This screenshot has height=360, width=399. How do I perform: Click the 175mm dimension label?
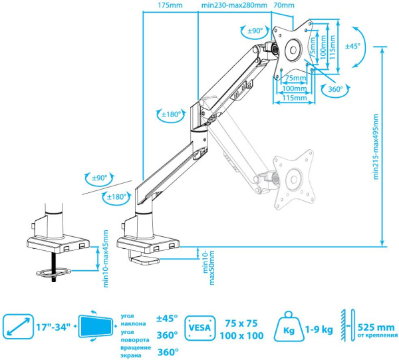tap(171, 6)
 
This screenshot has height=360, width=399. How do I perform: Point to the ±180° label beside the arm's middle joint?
tap(172, 114)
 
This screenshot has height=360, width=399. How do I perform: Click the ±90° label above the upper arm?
tap(255, 31)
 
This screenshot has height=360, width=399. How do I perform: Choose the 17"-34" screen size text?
tap(55, 327)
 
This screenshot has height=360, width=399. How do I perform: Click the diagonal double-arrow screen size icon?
tap(17, 327)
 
